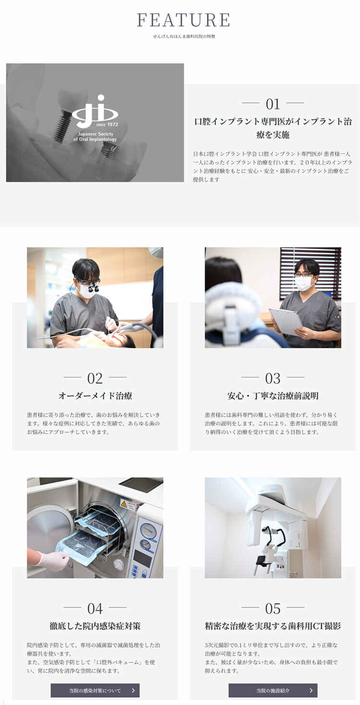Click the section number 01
[x=273, y=104]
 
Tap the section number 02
[x=95, y=378]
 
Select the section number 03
[x=273, y=378]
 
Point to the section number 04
[x=95, y=608]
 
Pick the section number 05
[x=273, y=608]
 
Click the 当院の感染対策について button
[x=95, y=690]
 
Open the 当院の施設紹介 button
[x=273, y=690]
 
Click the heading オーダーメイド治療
[x=95, y=396]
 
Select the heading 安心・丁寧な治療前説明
[x=273, y=396]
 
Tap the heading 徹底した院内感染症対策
[x=95, y=626]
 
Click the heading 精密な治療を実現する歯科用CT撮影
[x=273, y=626]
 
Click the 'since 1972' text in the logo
[x=108, y=124]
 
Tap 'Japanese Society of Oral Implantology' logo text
[x=95, y=136]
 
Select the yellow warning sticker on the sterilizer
[x=124, y=504]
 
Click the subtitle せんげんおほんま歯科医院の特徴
[x=184, y=36]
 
